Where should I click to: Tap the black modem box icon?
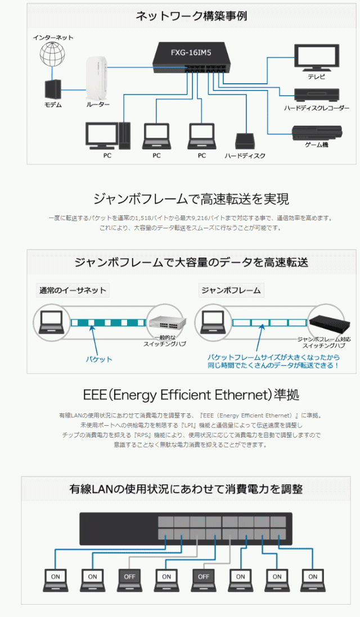point(52,89)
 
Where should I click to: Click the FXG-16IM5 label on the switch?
point(191,54)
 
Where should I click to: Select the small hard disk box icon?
point(245,140)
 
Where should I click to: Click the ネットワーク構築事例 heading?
point(191,16)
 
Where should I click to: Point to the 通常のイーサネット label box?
point(73,291)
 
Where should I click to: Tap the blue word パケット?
point(99,359)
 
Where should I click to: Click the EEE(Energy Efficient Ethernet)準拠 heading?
point(191,394)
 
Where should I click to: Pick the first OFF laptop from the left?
point(129,578)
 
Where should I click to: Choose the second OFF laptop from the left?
point(203,578)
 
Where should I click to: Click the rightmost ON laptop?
point(313,578)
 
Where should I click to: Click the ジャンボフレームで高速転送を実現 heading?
point(191,199)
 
